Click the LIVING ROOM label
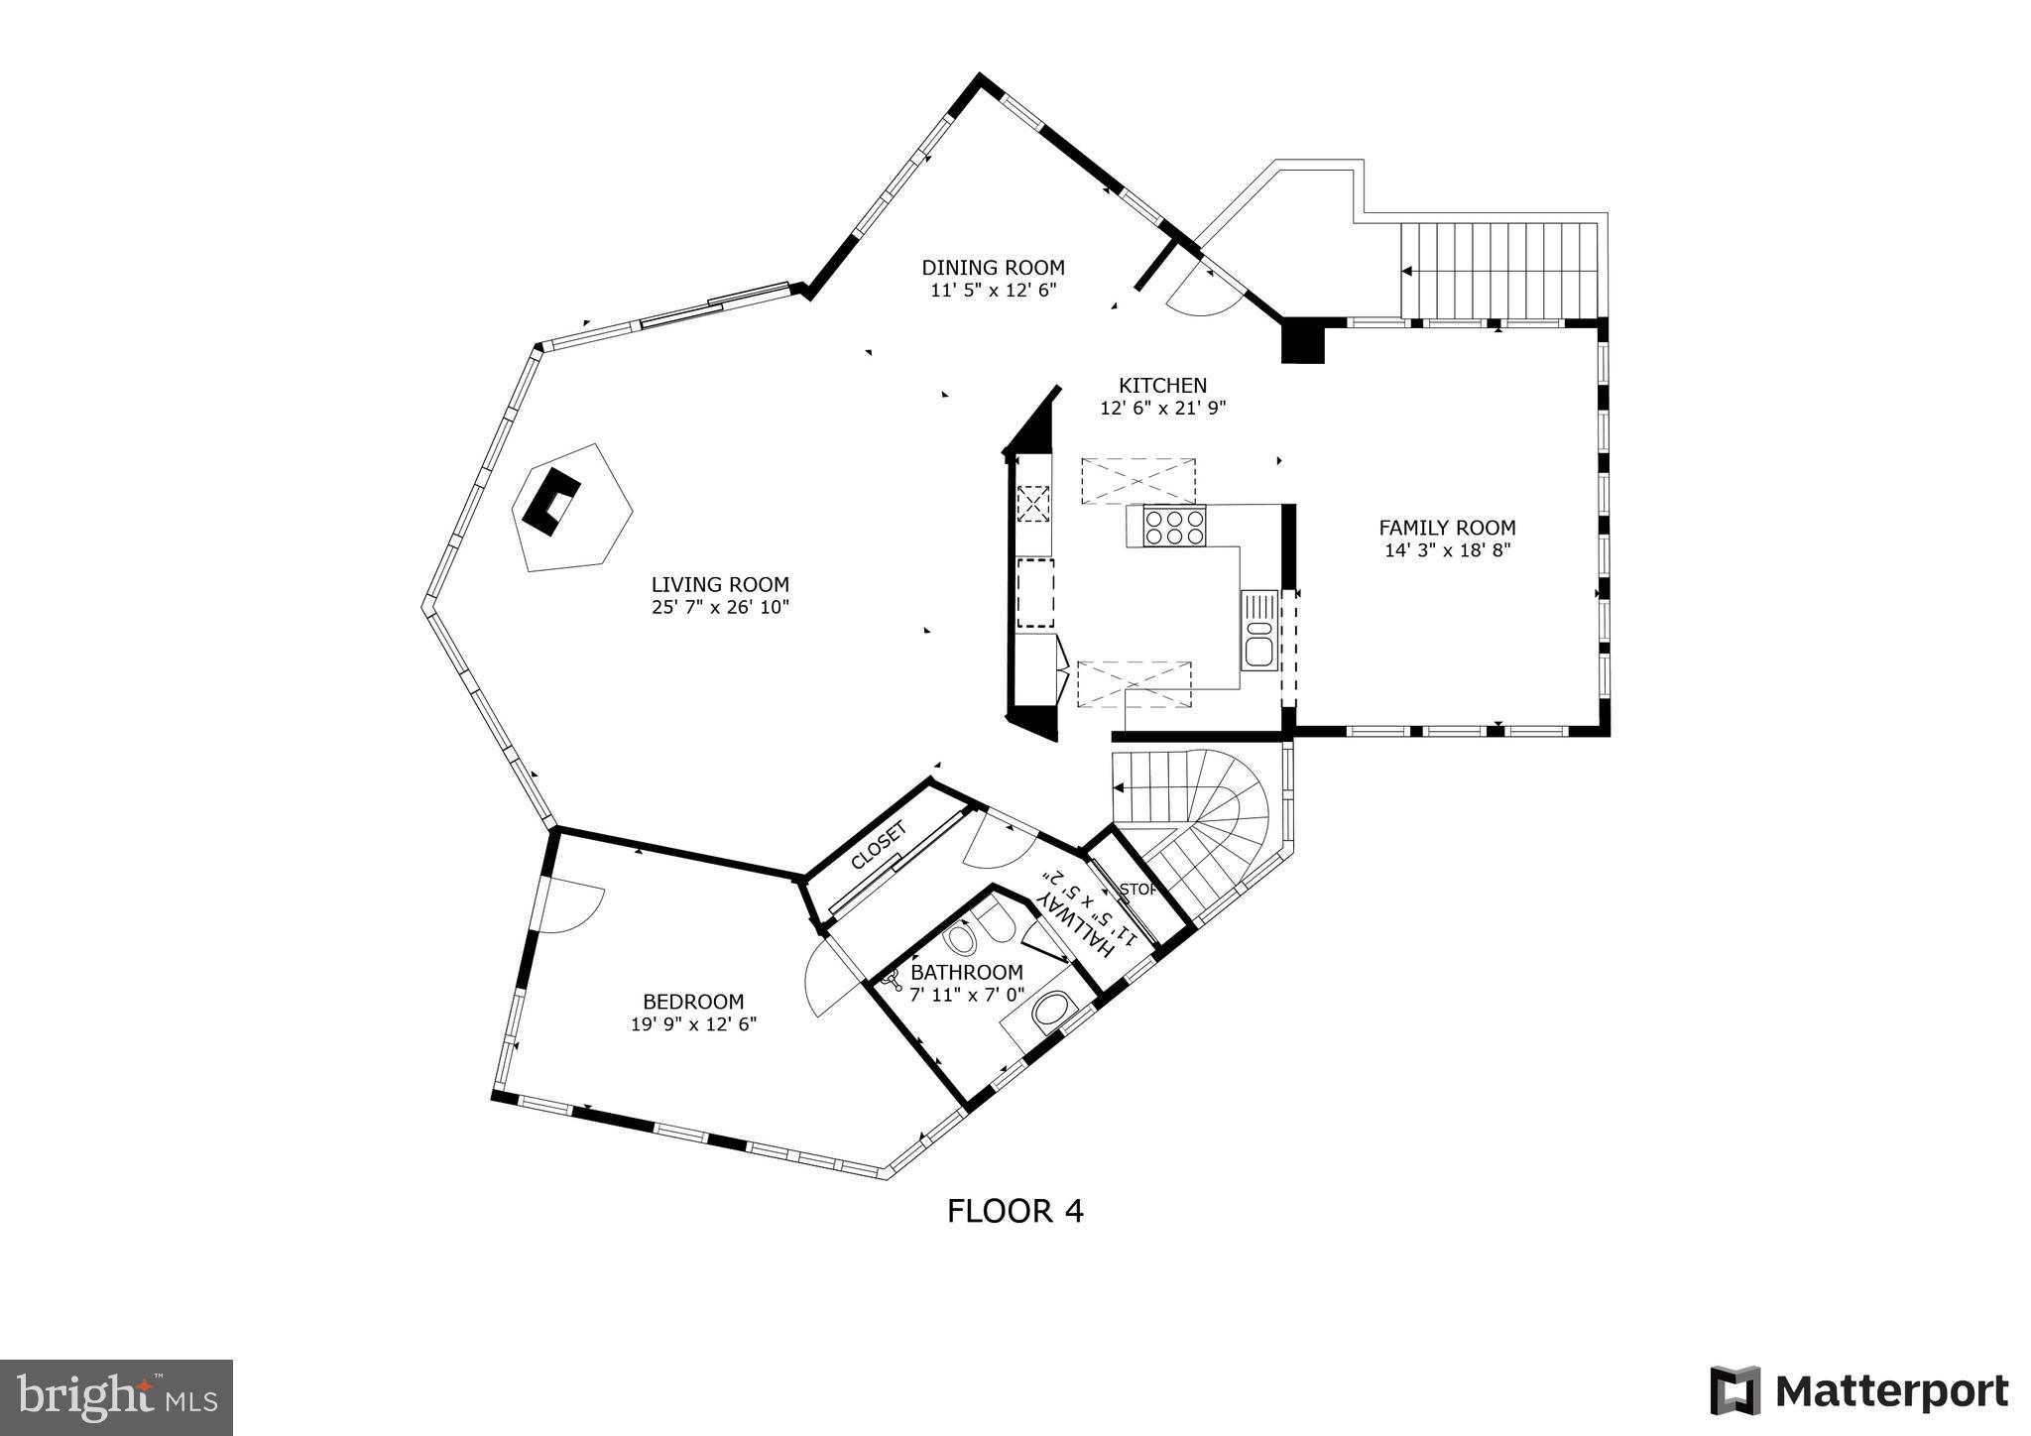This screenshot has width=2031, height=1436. point(720,585)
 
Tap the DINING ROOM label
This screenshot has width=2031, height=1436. point(993,268)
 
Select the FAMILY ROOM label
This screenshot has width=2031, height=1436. point(1447,529)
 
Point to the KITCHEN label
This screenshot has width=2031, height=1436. point(1162,386)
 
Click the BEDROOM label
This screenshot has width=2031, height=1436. point(693,1003)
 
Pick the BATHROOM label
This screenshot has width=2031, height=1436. point(966,973)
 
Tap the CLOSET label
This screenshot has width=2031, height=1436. point(879,846)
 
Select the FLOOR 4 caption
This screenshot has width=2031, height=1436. point(1015,1211)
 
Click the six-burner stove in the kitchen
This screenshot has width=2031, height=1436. point(1174,526)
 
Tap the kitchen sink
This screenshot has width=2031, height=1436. point(1258,629)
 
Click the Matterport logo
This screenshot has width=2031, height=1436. point(1858,1391)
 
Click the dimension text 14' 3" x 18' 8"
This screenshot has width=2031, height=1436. point(1447,550)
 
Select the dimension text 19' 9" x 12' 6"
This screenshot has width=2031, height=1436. point(693,1024)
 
